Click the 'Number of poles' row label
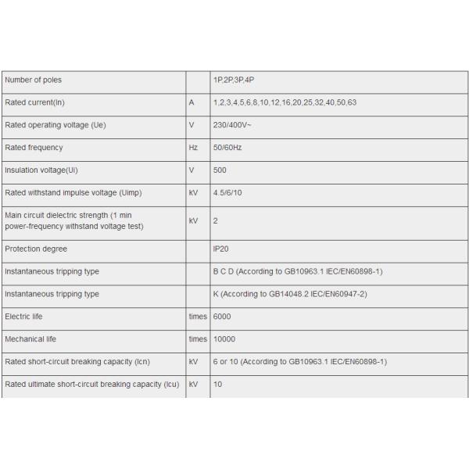tap(34, 80)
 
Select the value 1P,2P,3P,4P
tap(234, 80)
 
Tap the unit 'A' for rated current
tap(192, 102)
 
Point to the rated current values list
tap(285, 102)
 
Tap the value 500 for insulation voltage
tap(220, 170)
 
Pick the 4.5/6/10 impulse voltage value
tap(229, 192)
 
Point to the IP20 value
tap(221, 249)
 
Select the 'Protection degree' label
tap(36, 249)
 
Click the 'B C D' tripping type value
tap(297, 272)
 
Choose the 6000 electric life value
tap(222, 317)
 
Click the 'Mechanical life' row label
tap(31, 340)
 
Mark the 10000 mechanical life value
tap(224, 340)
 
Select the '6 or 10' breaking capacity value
tap(299, 362)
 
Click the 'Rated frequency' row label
tap(34, 148)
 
